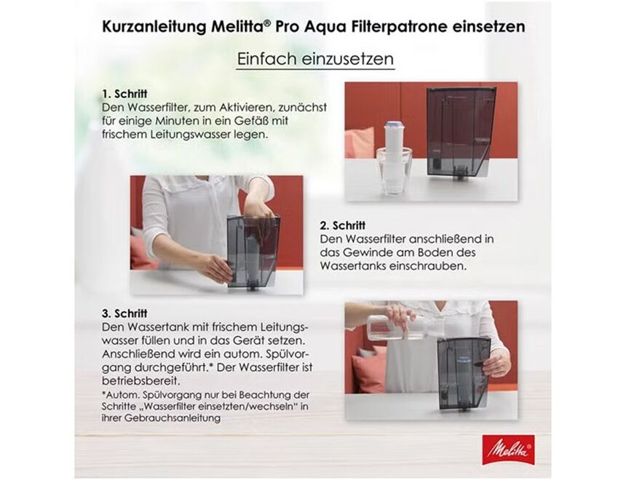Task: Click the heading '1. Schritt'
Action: tap(125, 95)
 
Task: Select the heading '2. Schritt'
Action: tap(342, 226)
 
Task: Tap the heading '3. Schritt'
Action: tap(125, 313)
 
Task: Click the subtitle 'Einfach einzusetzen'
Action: tap(315, 60)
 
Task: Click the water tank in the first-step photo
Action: tap(460, 131)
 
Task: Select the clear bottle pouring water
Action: tap(389, 327)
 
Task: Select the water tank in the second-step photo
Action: tap(253, 251)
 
